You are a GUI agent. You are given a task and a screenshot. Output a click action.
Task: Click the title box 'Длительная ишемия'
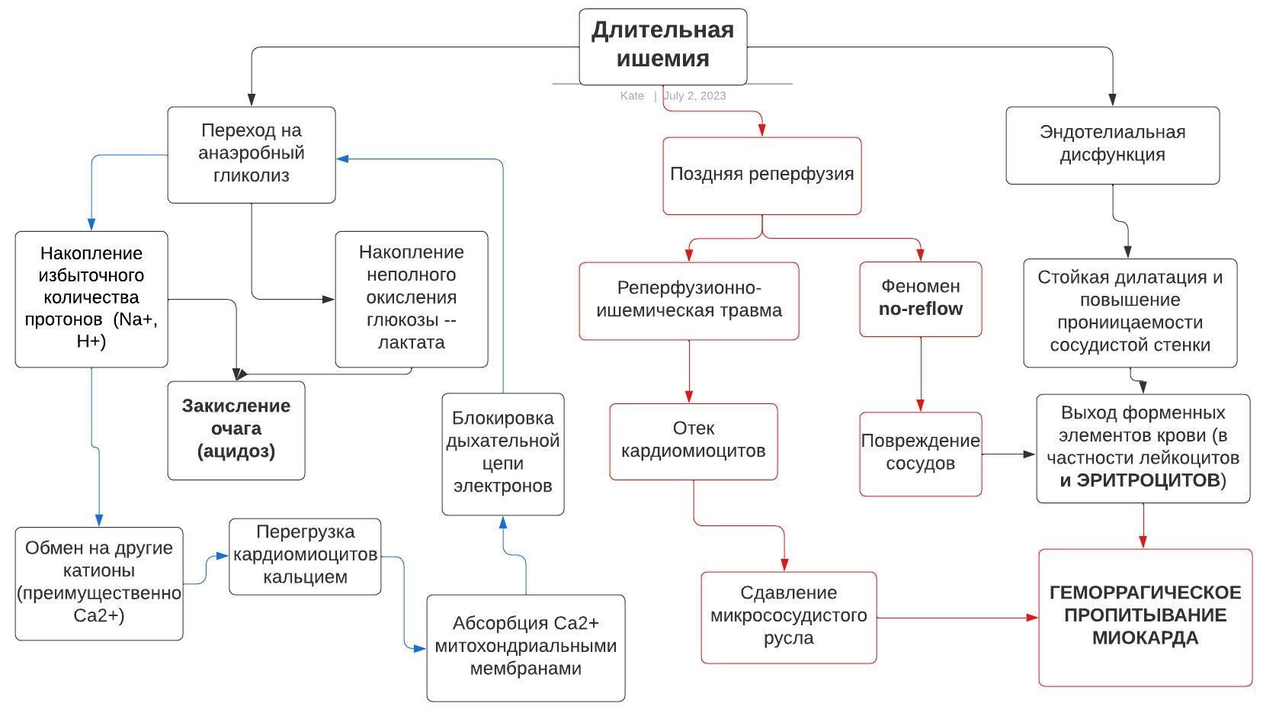point(662,46)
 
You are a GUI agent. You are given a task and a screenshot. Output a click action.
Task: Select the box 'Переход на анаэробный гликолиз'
point(251,154)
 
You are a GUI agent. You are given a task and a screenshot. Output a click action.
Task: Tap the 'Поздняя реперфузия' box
point(761,175)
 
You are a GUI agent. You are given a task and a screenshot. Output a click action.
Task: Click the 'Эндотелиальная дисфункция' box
point(1112,144)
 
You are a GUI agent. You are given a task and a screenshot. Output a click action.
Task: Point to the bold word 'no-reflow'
point(920,309)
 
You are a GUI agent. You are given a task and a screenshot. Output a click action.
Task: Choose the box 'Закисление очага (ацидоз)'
point(236,429)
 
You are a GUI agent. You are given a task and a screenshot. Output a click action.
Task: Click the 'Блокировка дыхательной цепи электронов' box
point(502,453)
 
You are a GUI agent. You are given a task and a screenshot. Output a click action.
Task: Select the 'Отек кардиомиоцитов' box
point(693,440)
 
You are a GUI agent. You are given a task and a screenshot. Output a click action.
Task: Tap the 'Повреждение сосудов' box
point(920,453)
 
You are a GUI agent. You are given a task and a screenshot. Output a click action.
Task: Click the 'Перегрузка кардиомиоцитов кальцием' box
point(305,555)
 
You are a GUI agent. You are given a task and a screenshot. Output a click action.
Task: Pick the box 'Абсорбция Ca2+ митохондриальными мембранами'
point(525,647)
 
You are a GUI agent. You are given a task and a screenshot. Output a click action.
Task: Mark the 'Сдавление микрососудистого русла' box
point(788,616)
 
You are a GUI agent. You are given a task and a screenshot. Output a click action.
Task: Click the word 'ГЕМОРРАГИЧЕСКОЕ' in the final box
point(1145,593)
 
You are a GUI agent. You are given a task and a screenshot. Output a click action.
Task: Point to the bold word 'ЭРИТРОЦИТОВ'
point(1148,480)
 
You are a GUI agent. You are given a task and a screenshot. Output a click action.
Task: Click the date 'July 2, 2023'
point(694,96)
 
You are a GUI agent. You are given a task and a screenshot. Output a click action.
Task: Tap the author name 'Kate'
point(632,96)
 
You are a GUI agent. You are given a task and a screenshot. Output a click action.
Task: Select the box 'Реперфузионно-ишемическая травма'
point(688,300)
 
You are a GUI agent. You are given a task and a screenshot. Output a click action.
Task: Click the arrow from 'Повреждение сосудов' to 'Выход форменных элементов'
point(1008,454)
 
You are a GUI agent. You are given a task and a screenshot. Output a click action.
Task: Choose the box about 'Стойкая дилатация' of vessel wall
point(1130,312)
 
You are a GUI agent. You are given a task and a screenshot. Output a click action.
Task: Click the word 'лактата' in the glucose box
point(412,342)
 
